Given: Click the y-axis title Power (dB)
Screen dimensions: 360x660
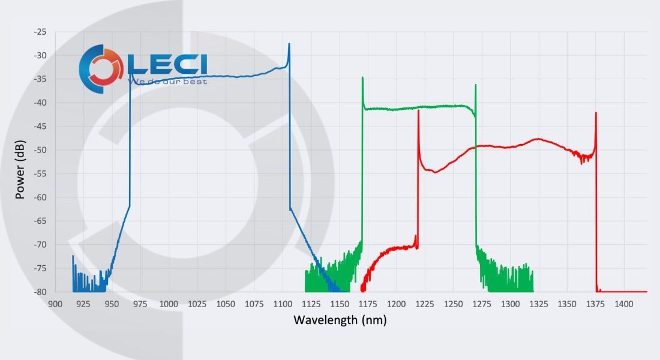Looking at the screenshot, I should click(20, 162).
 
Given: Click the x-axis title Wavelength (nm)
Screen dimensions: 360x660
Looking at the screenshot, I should click(340, 320).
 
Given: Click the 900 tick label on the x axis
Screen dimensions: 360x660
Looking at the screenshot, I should click(55, 304).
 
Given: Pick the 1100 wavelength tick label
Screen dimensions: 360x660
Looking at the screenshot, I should click(283, 304).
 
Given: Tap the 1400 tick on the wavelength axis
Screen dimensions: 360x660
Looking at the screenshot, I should click(624, 304).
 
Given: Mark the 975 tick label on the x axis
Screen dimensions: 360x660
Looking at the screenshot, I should click(140, 304).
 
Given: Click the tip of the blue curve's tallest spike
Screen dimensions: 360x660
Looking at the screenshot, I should click(289, 44).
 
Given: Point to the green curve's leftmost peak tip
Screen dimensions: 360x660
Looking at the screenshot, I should click(362, 77).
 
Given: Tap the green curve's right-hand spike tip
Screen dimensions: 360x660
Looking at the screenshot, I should click(475, 85).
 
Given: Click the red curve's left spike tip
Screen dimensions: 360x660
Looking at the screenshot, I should click(418, 110).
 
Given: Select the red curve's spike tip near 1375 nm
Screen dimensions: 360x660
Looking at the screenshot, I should click(596, 113).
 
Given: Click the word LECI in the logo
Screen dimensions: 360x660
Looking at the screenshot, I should click(167, 64).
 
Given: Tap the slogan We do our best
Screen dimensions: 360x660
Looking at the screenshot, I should click(169, 81).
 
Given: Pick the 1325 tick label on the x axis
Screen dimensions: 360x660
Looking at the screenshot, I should click(539, 304).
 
